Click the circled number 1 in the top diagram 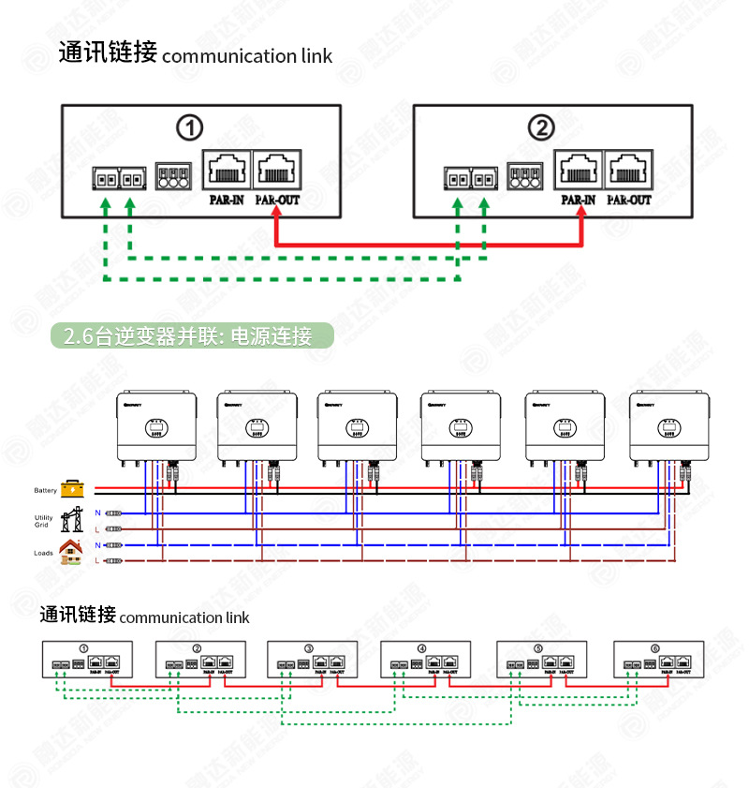190,127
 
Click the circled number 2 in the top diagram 541,127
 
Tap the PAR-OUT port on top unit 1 277,171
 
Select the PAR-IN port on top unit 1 226,171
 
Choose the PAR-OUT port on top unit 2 629,171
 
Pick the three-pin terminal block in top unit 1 173,176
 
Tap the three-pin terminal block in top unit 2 525,176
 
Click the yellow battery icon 72,488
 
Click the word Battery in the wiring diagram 45,490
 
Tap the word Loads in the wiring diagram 43,553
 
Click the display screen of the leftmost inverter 156,428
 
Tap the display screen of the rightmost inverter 668,428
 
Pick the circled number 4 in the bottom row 421,648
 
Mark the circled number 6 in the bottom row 654,648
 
